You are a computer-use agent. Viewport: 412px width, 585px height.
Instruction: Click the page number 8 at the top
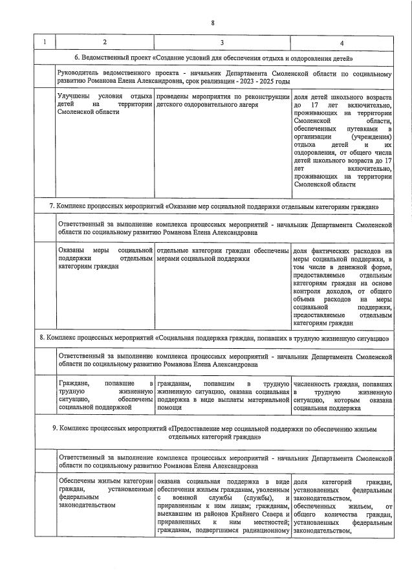213,24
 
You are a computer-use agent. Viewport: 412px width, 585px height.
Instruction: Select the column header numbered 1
45,43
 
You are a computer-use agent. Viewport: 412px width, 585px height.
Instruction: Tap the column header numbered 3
222,43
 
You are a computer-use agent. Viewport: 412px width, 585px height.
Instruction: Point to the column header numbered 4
342,43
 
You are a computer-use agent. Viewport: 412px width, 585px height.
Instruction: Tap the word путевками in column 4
349,129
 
